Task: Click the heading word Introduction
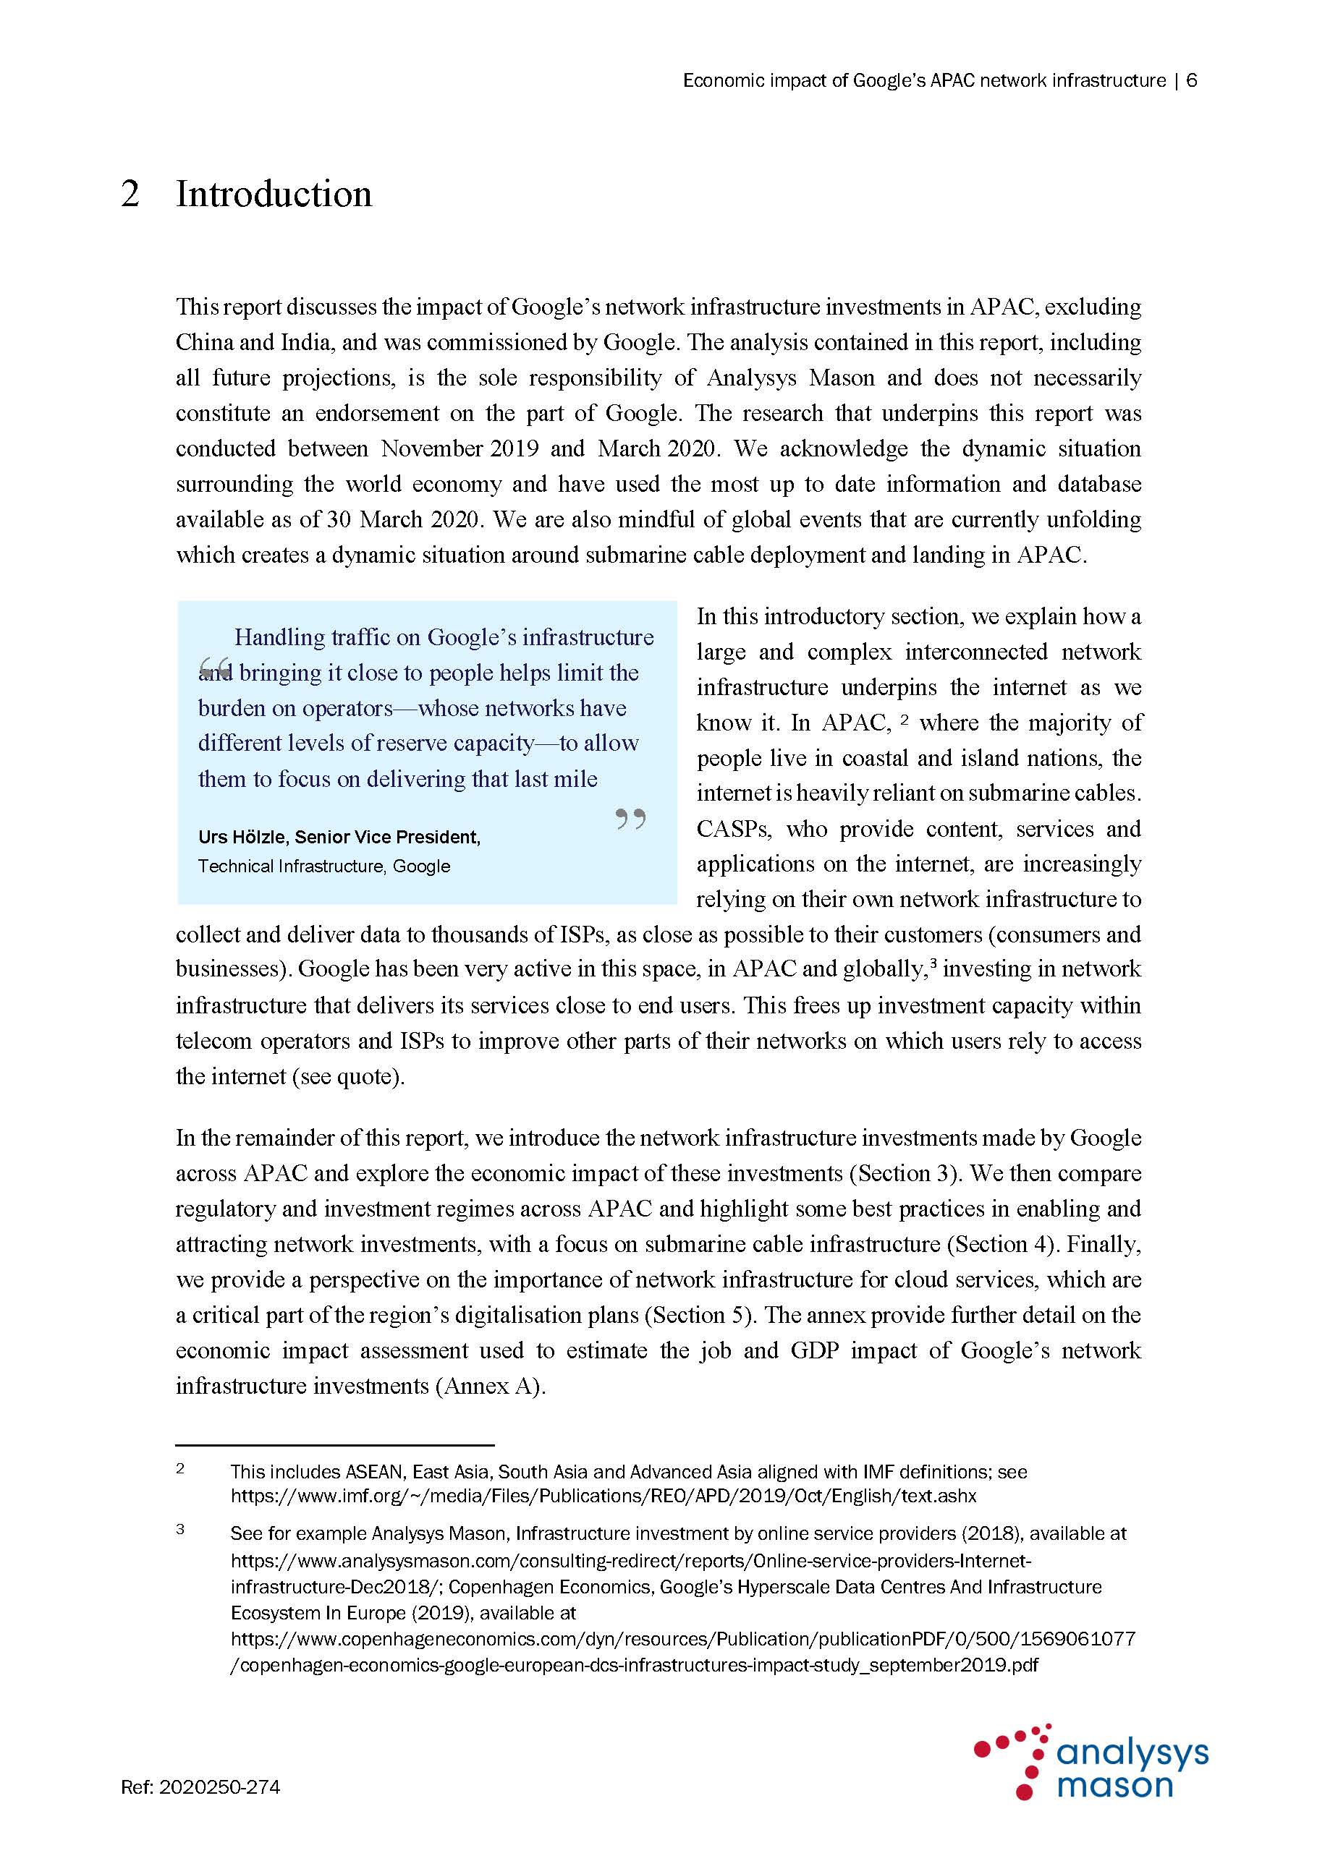274,195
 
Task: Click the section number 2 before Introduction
130,195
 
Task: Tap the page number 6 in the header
1191,80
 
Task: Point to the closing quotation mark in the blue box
630,819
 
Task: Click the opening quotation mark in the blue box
215,668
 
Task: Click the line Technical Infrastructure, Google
323,866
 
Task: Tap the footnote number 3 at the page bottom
180,1530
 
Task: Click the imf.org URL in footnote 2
604,1496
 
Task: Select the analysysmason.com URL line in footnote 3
630,1560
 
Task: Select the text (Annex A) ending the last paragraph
491,1386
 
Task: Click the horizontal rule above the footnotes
335,1444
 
